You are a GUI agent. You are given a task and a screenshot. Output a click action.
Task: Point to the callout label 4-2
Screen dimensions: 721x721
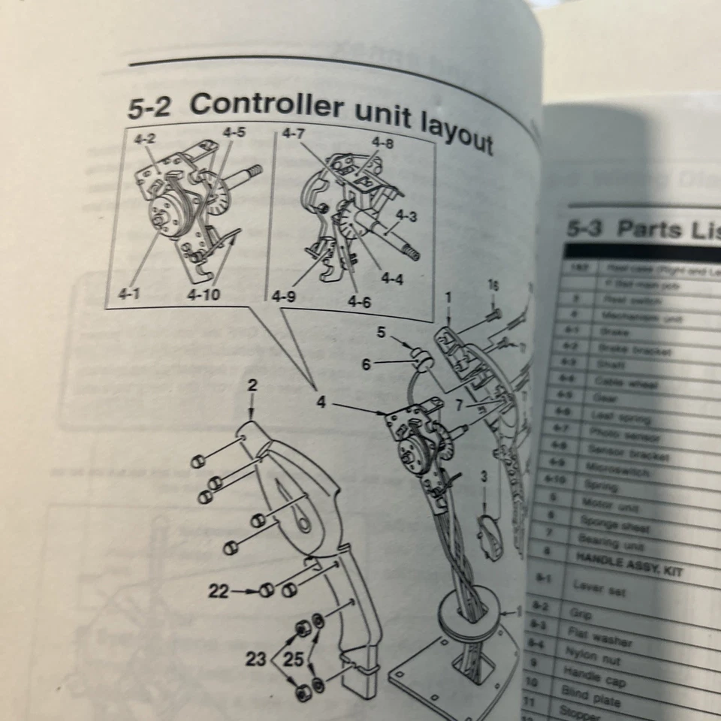pyautogui.click(x=145, y=139)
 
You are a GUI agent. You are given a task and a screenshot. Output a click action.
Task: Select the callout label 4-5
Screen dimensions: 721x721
pyautogui.click(x=234, y=132)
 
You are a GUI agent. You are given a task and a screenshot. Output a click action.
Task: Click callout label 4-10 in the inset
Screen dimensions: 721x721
pyautogui.click(x=204, y=294)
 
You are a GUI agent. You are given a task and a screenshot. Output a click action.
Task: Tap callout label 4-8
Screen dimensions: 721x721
pyautogui.click(x=382, y=142)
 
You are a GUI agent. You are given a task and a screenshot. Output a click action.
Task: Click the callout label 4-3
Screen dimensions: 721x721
pyautogui.click(x=406, y=216)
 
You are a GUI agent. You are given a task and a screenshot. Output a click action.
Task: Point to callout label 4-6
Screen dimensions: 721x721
pyautogui.click(x=358, y=303)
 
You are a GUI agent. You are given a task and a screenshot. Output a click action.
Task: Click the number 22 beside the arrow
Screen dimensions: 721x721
pyautogui.click(x=219, y=591)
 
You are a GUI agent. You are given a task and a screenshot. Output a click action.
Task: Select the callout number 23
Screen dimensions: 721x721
pyautogui.click(x=256, y=659)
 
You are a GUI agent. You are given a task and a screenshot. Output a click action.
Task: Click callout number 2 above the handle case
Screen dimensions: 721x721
pyautogui.click(x=252, y=386)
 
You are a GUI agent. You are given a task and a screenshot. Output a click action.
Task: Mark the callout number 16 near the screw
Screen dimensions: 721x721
pyautogui.click(x=493, y=285)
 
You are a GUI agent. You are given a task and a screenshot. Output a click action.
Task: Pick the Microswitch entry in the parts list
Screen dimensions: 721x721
pyautogui.click(x=608, y=470)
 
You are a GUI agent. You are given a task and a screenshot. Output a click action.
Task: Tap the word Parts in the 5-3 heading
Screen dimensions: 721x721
pyautogui.click(x=650, y=231)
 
